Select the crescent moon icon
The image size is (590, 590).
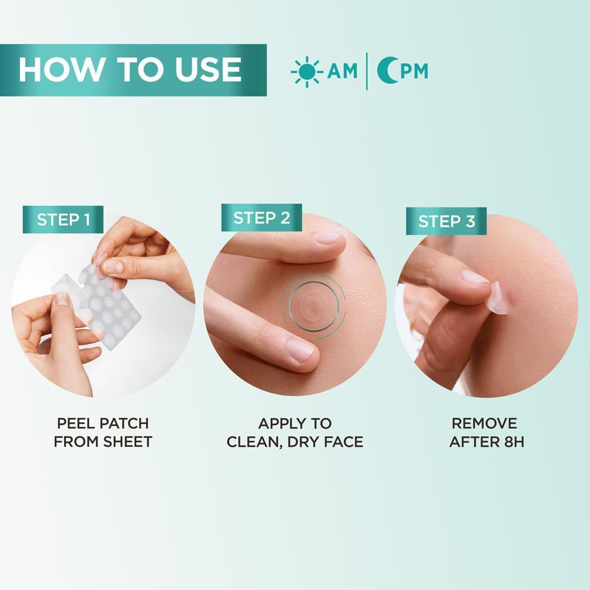click(386, 71)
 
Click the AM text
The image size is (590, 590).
click(342, 71)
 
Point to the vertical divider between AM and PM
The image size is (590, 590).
click(367, 71)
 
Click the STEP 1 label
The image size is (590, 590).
click(63, 220)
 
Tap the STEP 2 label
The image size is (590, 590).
click(262, 218)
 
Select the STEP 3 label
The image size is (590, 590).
click(447, 222)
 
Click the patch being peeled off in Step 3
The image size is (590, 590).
click(498, 296)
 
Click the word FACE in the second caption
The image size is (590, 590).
click(341, 441)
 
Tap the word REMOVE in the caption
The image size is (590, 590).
click(484, 423)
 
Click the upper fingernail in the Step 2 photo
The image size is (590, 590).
click(327, 237)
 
